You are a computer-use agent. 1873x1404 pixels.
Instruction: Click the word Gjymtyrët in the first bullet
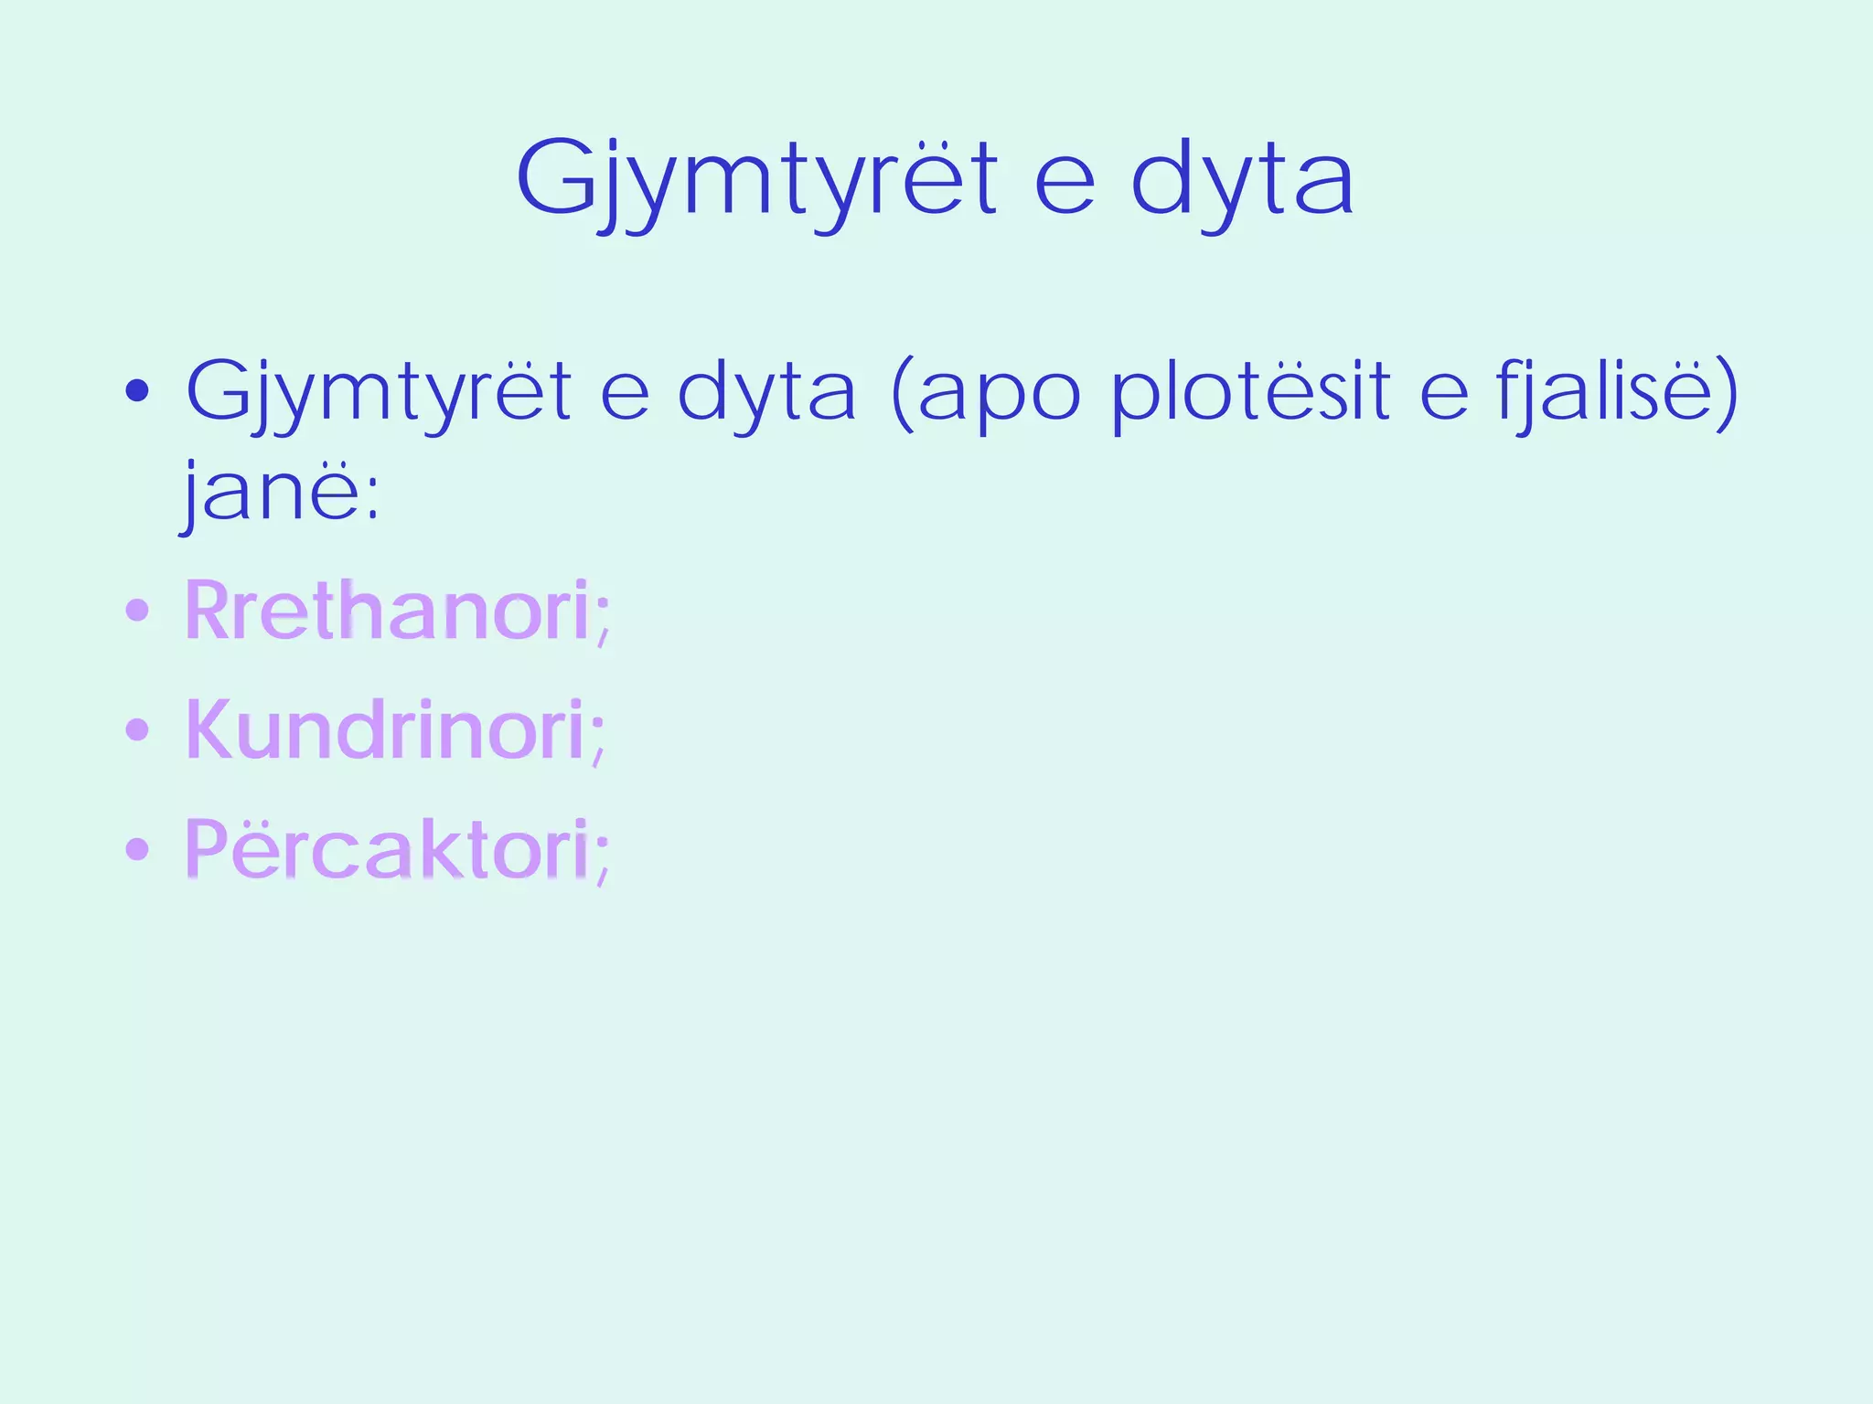click(379, 393)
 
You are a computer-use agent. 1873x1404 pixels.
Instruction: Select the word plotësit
click(1250, 393)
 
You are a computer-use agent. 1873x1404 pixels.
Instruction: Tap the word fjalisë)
click(1617, 393)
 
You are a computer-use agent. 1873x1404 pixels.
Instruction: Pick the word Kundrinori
click(385, 729)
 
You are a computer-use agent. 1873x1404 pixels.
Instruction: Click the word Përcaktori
click(387, 849)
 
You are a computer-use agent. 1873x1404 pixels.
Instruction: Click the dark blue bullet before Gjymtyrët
click(137, 393)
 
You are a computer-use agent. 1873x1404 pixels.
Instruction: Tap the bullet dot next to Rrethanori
click(137, 610)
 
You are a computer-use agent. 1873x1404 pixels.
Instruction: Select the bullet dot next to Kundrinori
click(137, 729)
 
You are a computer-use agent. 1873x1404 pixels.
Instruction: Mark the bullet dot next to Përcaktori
click(137, 849)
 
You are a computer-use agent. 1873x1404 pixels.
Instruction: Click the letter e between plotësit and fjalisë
click(1444, 399)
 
